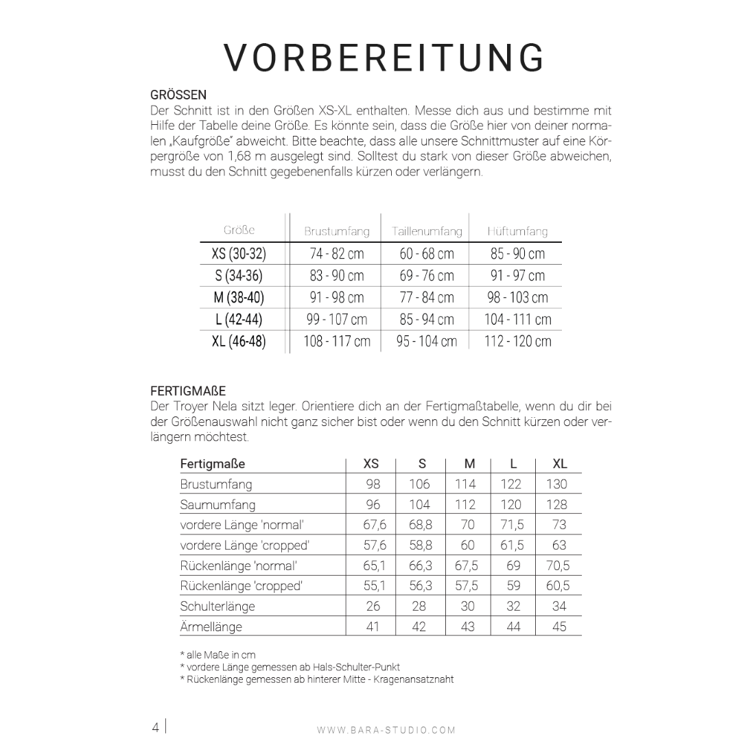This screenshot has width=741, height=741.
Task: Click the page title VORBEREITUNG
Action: [x=384, y=58]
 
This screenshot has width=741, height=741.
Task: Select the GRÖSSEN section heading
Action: [x=178, y=95]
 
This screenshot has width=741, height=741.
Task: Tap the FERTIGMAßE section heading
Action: [x=188, y=391]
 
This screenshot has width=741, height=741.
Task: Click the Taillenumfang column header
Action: [x=427, y=231]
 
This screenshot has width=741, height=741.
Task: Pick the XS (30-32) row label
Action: [x=239, y=254]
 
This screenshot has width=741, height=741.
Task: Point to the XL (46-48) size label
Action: [x=239, y=341]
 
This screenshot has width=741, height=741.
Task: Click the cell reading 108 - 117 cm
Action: [x=337, y=341]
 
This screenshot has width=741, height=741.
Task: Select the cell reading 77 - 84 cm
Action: [x=427, y=298]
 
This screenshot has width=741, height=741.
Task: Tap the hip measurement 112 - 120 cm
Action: [x=517, y=341]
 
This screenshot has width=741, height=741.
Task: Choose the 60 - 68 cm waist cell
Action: [x=427, y=254]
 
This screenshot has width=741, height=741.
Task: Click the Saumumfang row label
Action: [x=217, y=504]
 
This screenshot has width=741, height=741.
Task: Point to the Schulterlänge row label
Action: [x=217, y=606]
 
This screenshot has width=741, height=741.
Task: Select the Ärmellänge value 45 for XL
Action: [x=559, y=626]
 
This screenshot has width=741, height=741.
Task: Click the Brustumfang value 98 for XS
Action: [x=373, y=484]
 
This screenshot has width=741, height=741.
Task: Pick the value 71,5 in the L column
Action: [x=513, y=525]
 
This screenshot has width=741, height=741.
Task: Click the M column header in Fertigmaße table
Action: [x=469, y=464]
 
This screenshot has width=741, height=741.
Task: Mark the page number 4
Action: [x=156, y=727]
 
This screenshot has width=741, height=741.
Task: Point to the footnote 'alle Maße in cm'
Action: [x=217, y=655]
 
